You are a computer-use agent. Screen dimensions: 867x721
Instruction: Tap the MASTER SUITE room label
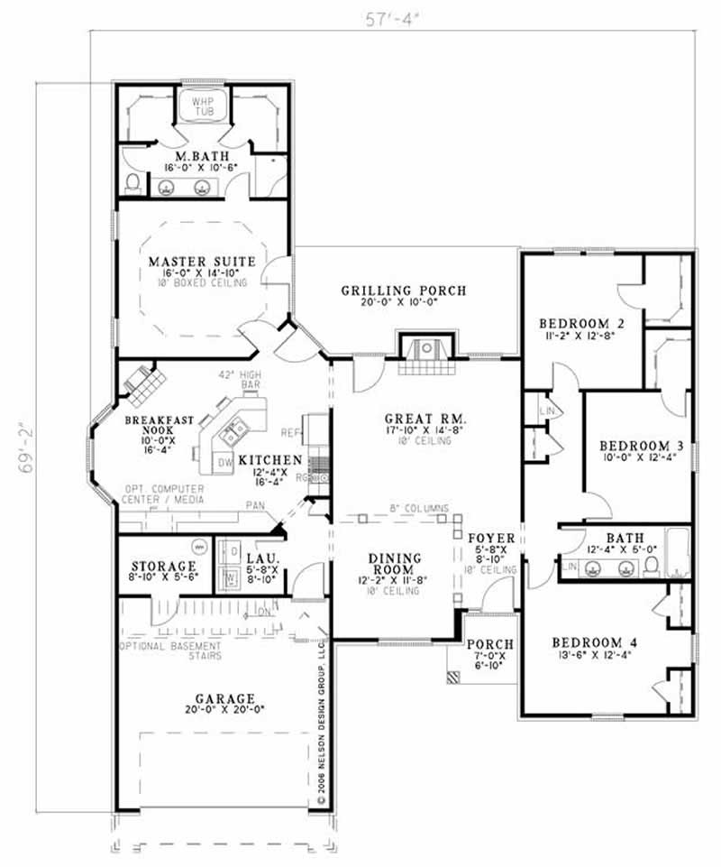202,262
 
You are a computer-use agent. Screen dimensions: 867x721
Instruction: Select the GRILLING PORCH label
403,291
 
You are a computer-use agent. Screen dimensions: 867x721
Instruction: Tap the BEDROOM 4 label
594,642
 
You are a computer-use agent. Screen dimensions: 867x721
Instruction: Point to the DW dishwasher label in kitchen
224,464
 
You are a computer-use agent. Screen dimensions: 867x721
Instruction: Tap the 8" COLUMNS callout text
418,509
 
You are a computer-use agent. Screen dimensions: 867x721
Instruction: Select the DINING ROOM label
393,564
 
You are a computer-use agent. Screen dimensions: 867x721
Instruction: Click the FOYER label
491,539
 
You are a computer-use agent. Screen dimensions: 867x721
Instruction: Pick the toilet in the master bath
133,184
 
